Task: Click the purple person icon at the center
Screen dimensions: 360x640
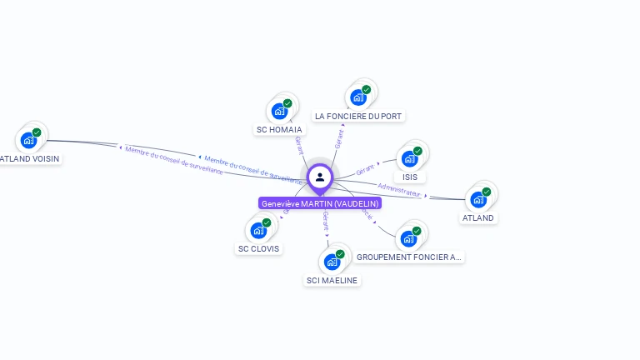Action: tap(320, 177)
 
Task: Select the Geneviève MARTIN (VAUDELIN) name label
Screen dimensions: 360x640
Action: tap(320, 203)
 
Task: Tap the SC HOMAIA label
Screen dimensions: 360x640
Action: tap(279, 130)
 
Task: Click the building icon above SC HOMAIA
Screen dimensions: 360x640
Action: tap(280, 111)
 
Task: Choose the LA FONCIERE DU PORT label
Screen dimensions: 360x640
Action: tap(359, 116)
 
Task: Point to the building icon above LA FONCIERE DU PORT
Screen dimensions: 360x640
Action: tap(359, 97)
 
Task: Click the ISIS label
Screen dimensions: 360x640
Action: tap(410, 177)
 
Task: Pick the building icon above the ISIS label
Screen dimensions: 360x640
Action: tap(409, 158)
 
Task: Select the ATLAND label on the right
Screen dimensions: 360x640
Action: tap(478, 218)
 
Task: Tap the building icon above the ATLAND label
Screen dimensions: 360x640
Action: tap(478, 199)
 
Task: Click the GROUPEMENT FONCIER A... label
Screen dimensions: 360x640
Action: tap(408, 257)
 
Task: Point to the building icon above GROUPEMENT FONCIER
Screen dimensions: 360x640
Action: tap(408, 238)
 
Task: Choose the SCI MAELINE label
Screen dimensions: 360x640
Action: tap(332, 281)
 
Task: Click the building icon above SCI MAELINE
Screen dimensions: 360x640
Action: tap(332, 262)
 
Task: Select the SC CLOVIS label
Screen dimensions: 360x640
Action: tap(259, 249)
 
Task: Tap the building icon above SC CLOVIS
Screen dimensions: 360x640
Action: tap(259, 230)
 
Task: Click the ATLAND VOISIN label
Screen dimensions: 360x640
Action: tap(30, 158)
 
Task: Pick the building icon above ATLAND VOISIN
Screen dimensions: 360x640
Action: tap(29, 139)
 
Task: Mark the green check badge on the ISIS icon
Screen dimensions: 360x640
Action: tap(417, 151)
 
